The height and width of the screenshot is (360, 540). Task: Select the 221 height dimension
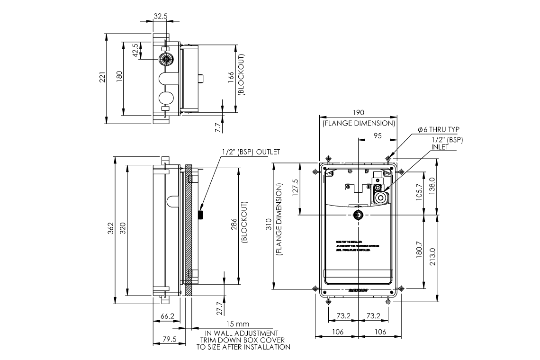[102, 79]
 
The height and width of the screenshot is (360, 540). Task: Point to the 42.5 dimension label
[135, 51]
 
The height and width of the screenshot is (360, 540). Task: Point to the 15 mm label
[237, 324]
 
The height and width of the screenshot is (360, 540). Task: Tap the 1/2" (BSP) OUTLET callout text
[251, 152]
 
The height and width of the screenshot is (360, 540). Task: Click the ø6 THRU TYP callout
[438, 129]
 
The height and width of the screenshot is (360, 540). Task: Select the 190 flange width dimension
[359, 113]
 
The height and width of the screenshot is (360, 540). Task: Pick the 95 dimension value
[378, 135]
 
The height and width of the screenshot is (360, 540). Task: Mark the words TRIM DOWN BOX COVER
[243, 340]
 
